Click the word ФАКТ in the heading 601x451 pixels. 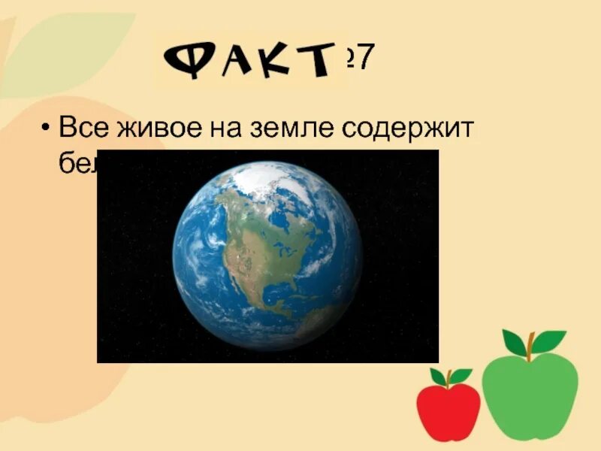click(248, 58)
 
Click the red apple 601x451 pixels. click(448, 412)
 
